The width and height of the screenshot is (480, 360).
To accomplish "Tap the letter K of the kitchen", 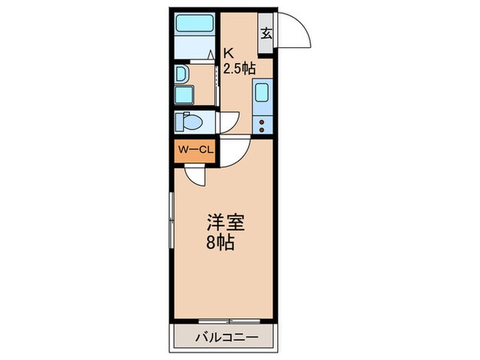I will point(229,51).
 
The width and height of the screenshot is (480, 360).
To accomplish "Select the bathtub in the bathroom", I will point(195,25).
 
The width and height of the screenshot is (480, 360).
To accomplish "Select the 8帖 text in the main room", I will point(222,243).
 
